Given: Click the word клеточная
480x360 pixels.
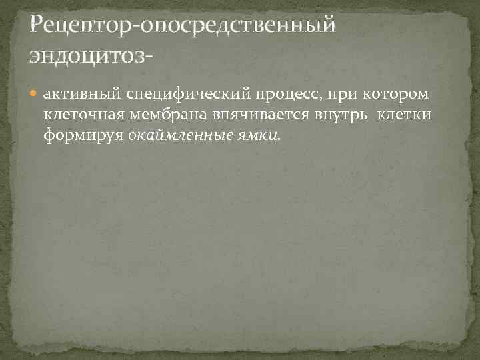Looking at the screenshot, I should click(77, 115).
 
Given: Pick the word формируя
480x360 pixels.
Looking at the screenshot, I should click(83, 135).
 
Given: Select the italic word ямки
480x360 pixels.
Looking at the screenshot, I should click(255, 135).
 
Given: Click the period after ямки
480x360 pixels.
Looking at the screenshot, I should click(280, 139).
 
